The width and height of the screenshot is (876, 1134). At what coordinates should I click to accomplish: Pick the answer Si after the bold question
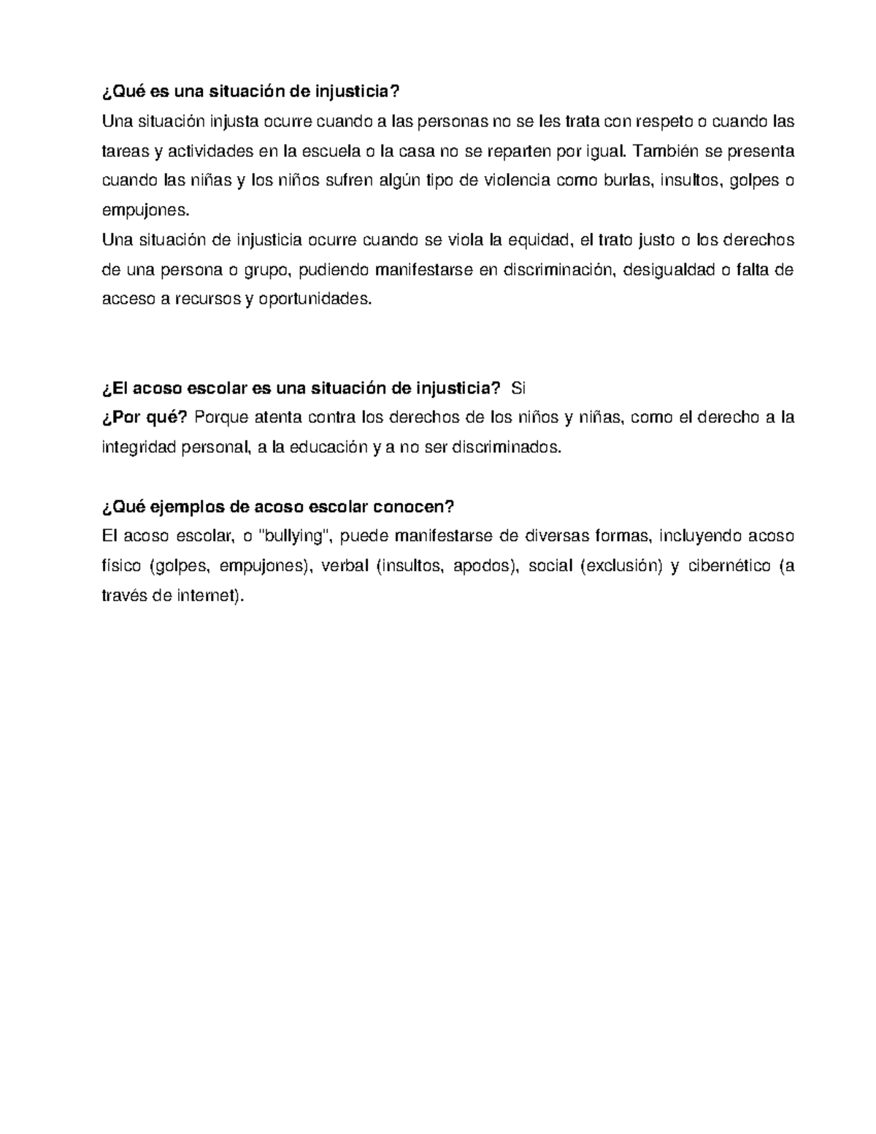518,388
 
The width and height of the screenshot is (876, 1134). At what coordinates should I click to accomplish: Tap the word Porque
221,418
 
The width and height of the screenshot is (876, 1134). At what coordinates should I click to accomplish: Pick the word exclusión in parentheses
618,566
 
